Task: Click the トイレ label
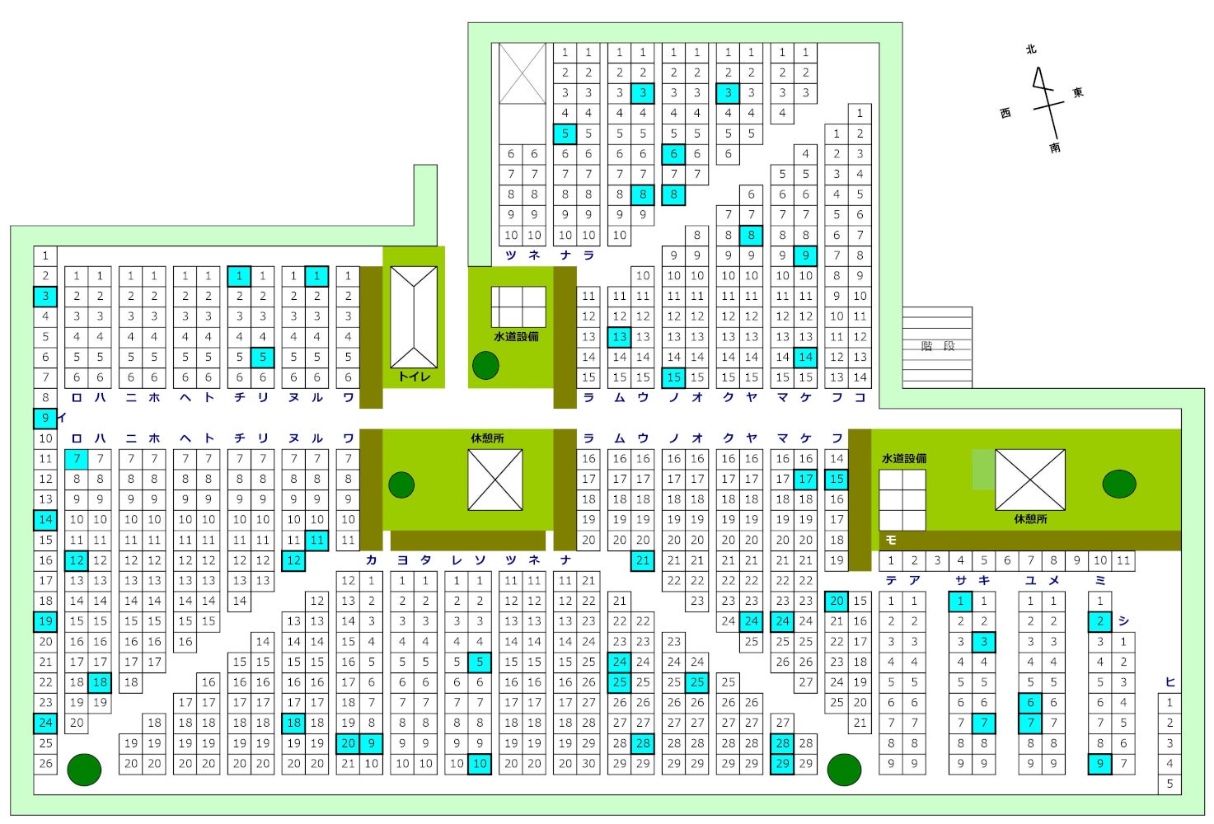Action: [414, 377]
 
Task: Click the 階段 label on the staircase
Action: [937, 346]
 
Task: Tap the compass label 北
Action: [1031, 49]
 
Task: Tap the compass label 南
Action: [1055, 147]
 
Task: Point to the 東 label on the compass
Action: [1078, 92]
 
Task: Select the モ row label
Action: [891, 541]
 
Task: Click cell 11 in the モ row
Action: [1123, 560]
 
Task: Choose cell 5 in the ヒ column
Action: [1169, 784]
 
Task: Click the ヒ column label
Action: [1169, 681]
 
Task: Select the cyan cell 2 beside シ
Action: [1100, 621]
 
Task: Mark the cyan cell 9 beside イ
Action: [45, 418]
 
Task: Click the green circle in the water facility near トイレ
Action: [485, 365]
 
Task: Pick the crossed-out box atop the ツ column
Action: [523, 73]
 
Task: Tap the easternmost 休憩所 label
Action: [1030, 519]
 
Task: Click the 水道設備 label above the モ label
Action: [904, 458]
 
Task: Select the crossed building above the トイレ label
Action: [414, 317]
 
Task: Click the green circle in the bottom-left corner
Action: [84, 770]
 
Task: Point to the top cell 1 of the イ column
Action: [45, 255]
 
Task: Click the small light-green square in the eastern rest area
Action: [983, 470]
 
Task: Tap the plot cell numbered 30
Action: [588, 764]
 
